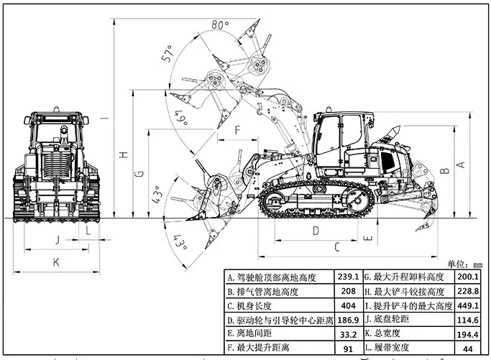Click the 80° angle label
[220, 24]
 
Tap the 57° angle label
[168, 53]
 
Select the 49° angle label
[181, 117]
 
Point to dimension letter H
[124, 154]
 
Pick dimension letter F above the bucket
[238, 129]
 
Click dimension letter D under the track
[316, 231]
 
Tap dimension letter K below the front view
[56, 262]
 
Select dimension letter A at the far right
[462, 165]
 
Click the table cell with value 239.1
[348, 277]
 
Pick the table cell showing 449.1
[468, 305]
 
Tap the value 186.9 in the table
[348, 320]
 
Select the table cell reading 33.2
[348, 334]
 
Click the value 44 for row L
[467, 349]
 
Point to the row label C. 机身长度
[249, 306]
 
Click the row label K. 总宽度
[382, 333]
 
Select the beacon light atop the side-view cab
[329, 109]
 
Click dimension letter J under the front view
[58, 240]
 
